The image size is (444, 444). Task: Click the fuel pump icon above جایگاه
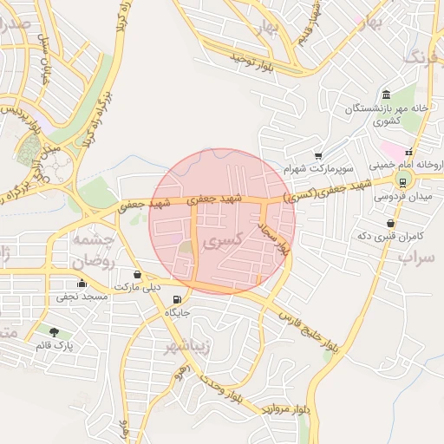tap(178, 300)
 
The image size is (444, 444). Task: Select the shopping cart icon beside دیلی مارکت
tap(139, 275)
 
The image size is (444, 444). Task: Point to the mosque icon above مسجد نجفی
tap(82, 283)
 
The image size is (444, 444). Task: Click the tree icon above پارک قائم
tap(55, 331)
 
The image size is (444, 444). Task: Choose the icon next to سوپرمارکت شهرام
tap(318, 154)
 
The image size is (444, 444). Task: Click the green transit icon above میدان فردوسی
tap(402, 181)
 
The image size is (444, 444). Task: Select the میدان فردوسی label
tap(401, 197)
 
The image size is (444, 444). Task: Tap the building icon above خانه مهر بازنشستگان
tap(386, 95)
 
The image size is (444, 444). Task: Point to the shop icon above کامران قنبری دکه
tap(391, 222)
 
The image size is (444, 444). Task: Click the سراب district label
tap(415, 257)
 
